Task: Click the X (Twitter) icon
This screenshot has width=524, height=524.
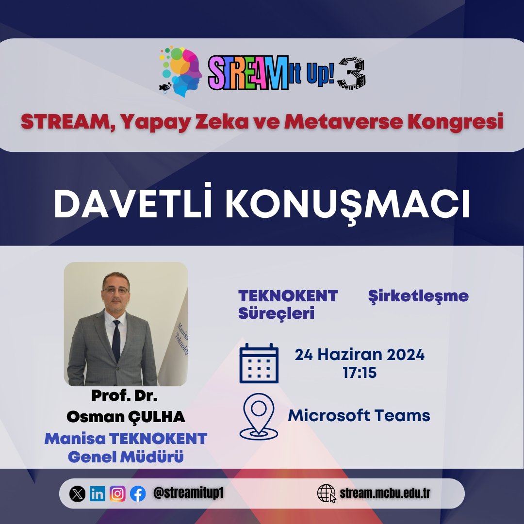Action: (x=77, y=494)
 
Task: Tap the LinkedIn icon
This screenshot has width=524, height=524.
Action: (x=97, y=494)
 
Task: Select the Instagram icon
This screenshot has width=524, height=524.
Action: (x=117, y=494)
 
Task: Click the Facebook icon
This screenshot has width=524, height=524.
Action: (x=138, y=494)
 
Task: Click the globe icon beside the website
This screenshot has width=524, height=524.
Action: (x=326, y=494)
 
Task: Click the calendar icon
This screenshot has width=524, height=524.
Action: (x=259, y=363)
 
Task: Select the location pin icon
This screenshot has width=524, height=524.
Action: (x=259, y=416)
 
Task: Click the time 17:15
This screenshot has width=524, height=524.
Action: (x=360, y=373)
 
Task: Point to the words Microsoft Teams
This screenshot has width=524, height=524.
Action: (x=359, y=416)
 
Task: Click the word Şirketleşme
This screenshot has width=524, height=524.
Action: (x=418, y=296)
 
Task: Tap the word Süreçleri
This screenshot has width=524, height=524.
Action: (x=276, y=313)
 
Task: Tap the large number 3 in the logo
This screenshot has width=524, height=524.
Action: (x=352, y=74)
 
